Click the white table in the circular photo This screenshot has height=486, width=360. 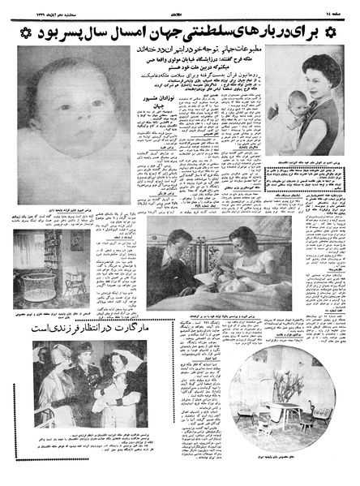coord(283,422)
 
